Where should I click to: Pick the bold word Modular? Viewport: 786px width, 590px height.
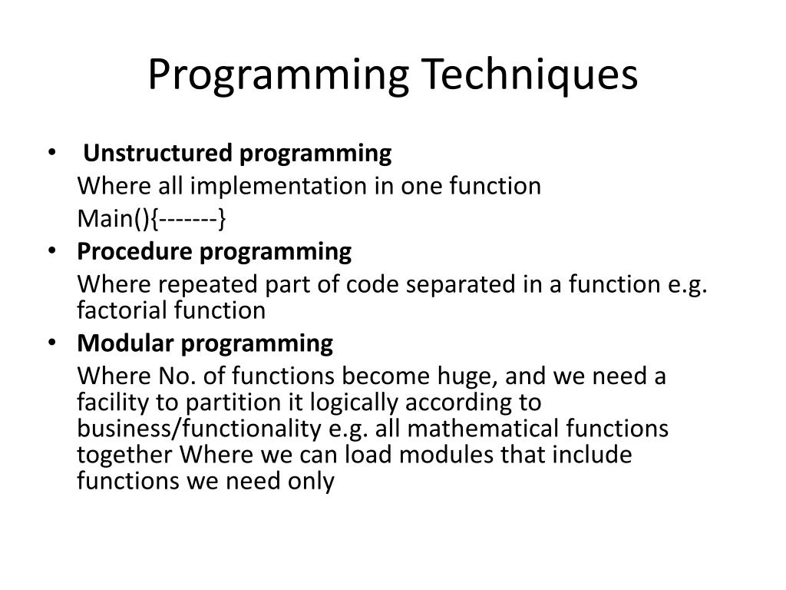pyautogui.click(x=125, y=343)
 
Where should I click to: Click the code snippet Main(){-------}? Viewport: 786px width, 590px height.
pyautogui.click(x=152, y=220)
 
